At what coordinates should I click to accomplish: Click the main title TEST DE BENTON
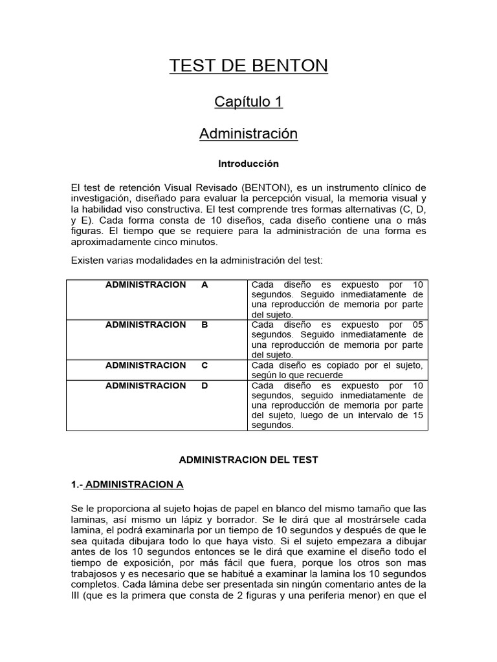click(248, 66)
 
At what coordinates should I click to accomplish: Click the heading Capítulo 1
click(248, 101)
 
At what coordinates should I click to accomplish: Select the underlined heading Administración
click(248, 134)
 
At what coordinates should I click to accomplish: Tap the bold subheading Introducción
click(248, 164)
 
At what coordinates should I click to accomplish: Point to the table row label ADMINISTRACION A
click(157, 284)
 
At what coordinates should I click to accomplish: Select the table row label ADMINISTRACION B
click(157, 325)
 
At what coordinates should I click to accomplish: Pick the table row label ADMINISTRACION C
click(157, 365)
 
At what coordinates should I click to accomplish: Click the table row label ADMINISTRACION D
click(157, 385)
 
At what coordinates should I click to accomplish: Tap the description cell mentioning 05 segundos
click(337, 339)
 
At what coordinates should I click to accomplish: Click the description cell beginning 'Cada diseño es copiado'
click(337, 370)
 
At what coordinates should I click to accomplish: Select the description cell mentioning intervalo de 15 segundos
click(337, 405)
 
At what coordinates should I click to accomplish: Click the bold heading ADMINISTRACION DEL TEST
click(248, 460)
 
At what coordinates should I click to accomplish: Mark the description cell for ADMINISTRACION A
click(337, 299)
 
